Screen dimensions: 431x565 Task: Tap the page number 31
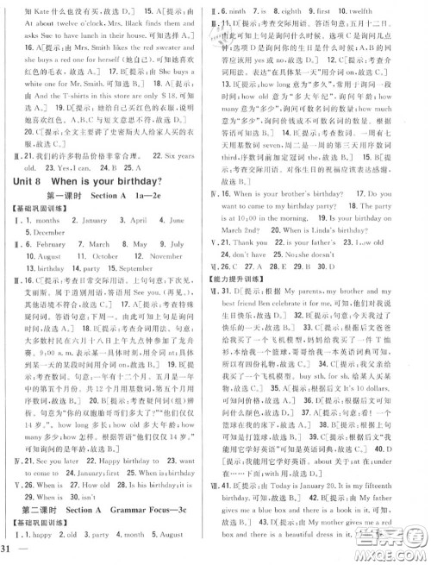click(x=10, y=549)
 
